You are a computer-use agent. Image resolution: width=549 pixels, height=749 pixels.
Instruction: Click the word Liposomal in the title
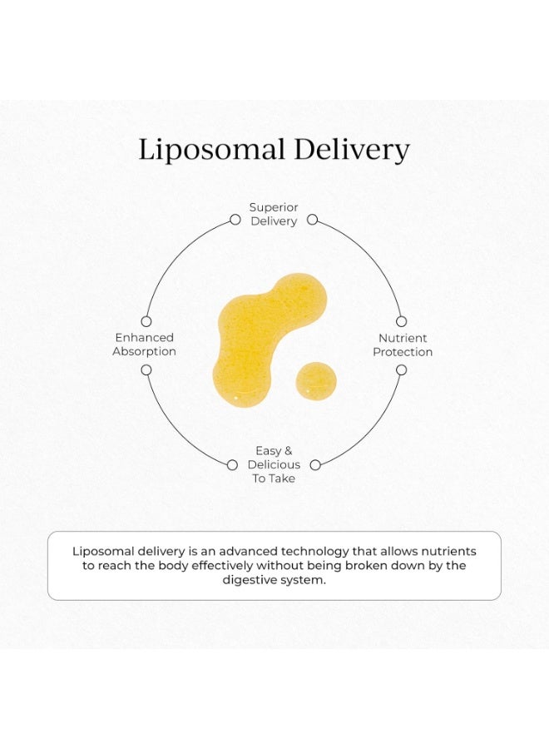point(211,150)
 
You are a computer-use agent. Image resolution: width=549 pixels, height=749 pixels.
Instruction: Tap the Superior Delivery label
point(274,214)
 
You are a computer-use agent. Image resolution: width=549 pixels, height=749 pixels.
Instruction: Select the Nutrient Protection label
point(403,345)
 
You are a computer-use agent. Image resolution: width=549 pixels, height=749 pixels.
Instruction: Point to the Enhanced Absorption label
point(144,345)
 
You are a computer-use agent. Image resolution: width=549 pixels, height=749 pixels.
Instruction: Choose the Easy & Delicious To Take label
point(274,464)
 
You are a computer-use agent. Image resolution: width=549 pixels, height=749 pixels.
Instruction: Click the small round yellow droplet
point(315,381)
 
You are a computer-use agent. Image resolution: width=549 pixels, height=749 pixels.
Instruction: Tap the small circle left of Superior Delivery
point(235,220)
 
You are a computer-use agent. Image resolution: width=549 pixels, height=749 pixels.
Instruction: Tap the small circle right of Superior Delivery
point(312,220)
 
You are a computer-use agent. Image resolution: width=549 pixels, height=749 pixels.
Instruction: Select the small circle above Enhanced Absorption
point(146,321)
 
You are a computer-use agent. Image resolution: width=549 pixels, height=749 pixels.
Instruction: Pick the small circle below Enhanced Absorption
point(146,370)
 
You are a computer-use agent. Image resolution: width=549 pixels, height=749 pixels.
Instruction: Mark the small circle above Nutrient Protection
point(402,321)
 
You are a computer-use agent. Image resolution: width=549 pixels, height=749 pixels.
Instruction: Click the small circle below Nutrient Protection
point(402,370)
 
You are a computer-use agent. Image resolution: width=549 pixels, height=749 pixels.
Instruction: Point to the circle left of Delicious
point(232,464)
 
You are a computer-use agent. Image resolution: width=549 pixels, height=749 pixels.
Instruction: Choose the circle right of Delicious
point(315,464)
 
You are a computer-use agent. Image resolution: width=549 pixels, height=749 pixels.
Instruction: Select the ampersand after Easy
point(288,451)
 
